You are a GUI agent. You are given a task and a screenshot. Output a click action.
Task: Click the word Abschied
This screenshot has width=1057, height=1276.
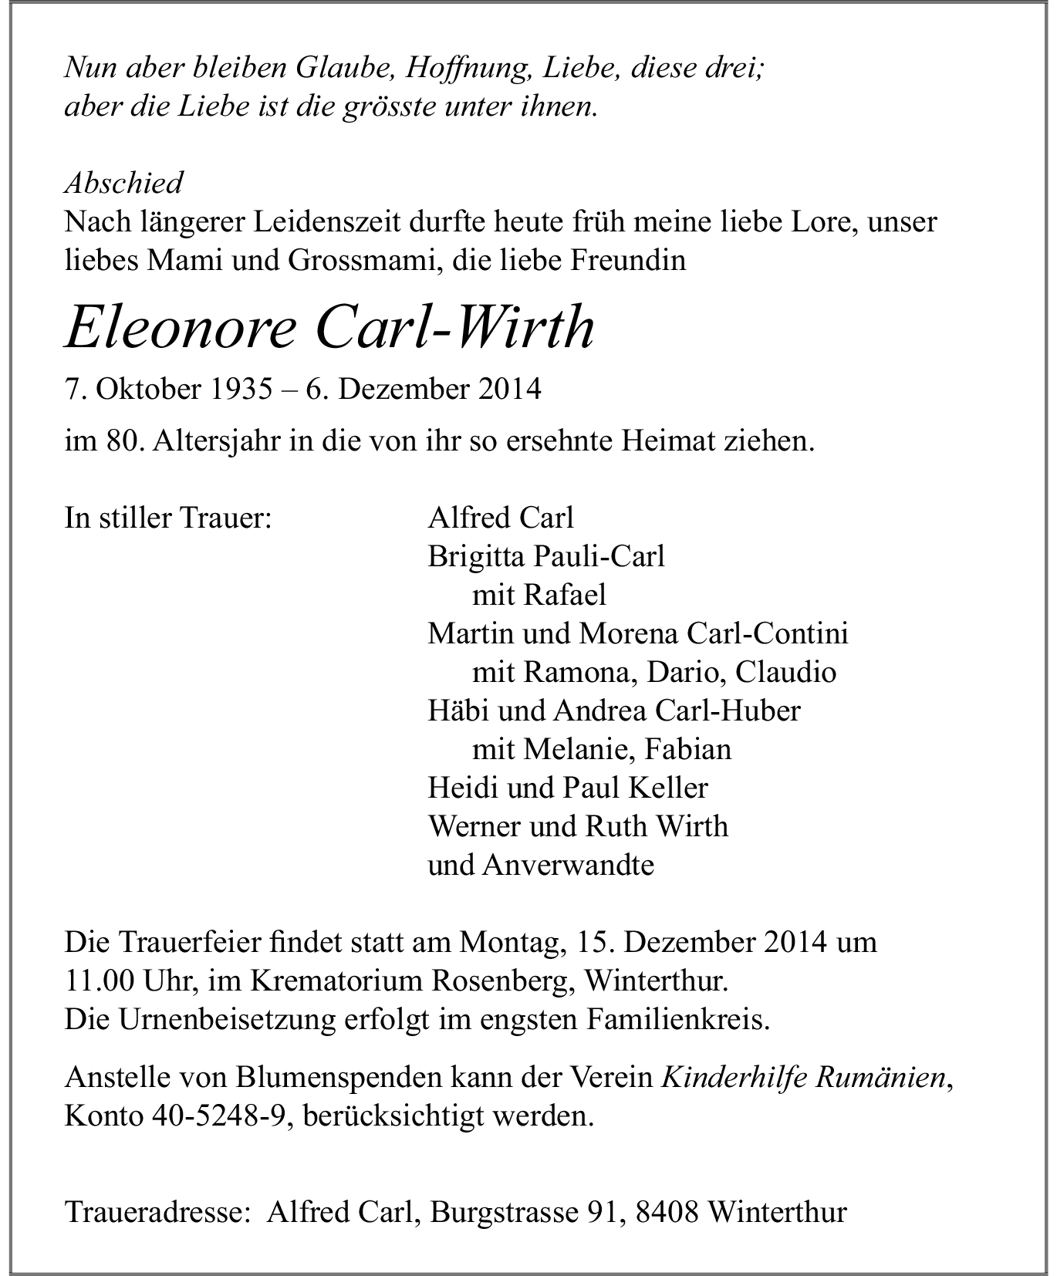pyautogui.click(x=123, y=183)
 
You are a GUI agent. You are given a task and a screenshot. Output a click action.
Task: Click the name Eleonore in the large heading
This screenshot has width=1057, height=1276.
pyautogui.click(x=180, y=329)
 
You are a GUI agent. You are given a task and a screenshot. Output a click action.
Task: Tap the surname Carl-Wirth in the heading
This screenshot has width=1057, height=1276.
pyautogui.click(x=454, y=329)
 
